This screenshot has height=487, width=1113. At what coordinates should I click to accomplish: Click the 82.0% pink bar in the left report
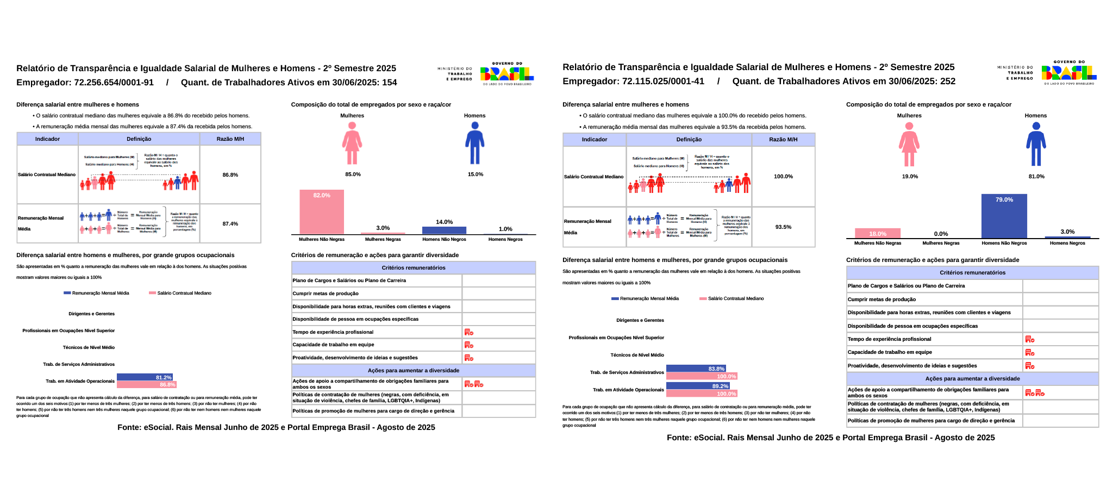click(x=322, y=212)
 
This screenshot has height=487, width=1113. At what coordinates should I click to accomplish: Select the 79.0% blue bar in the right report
click(x=1004, y=216)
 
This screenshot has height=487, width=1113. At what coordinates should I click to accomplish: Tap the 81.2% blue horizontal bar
click(x=145, y=377)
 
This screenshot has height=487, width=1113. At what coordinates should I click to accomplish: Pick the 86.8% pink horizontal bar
click(x=147, y=385)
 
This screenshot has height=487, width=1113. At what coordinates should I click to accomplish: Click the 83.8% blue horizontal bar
click(x=696, y=369)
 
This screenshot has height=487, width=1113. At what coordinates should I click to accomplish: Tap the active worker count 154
click(x=390, y=83)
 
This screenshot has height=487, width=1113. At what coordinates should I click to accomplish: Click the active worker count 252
click(x=948, y=82)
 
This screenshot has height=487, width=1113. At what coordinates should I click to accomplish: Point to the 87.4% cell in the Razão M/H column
click(x=230, y=224)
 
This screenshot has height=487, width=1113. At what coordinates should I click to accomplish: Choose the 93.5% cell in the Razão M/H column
click(x=783, y=227)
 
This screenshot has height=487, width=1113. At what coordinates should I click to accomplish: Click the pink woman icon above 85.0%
click(x=352, y=143)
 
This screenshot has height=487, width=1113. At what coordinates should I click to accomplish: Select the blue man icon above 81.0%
click(x=1036, y=144)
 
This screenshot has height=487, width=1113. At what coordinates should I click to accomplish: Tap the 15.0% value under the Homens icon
click(x=476, y=174)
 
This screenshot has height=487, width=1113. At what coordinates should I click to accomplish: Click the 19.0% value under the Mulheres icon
click(x=910, y=177)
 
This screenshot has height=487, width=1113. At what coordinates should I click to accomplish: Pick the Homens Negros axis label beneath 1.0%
click(x=505, y=239)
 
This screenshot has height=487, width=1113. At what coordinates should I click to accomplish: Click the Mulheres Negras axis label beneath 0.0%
click(x=941, y=243)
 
